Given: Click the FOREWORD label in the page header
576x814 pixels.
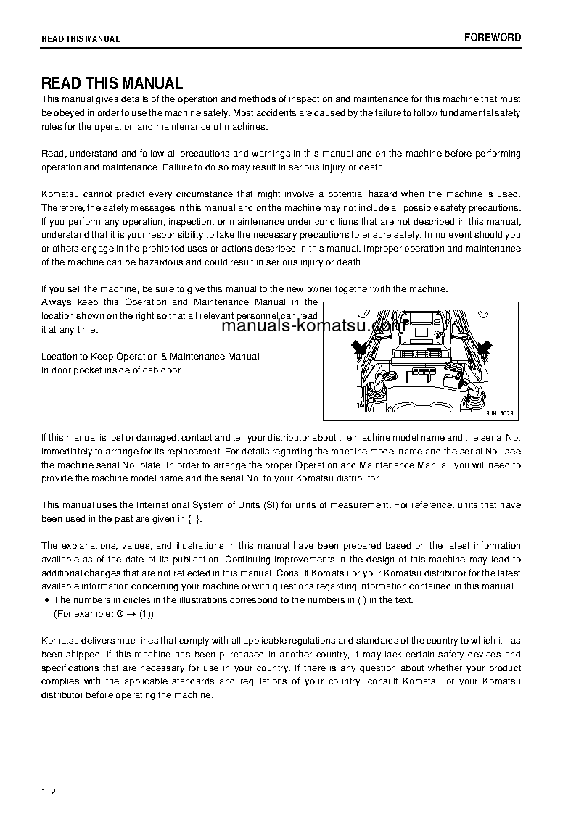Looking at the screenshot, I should point(492,38).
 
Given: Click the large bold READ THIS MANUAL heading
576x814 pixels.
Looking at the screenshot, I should point(112,83).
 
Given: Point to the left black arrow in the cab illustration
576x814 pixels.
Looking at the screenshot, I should point(358,348).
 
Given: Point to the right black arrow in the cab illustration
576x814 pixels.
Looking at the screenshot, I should point(484,348).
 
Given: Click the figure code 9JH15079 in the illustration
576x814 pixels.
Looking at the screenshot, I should point(499,413).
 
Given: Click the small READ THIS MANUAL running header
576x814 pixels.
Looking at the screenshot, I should point(81,39).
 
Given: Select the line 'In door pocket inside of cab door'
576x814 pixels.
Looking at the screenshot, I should point(111,370).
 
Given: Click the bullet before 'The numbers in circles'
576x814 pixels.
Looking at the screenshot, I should point(46,600).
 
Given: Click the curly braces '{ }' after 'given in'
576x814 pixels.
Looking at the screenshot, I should point(193,519).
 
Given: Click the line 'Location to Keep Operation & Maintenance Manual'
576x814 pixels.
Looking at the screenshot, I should point(150,357).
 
